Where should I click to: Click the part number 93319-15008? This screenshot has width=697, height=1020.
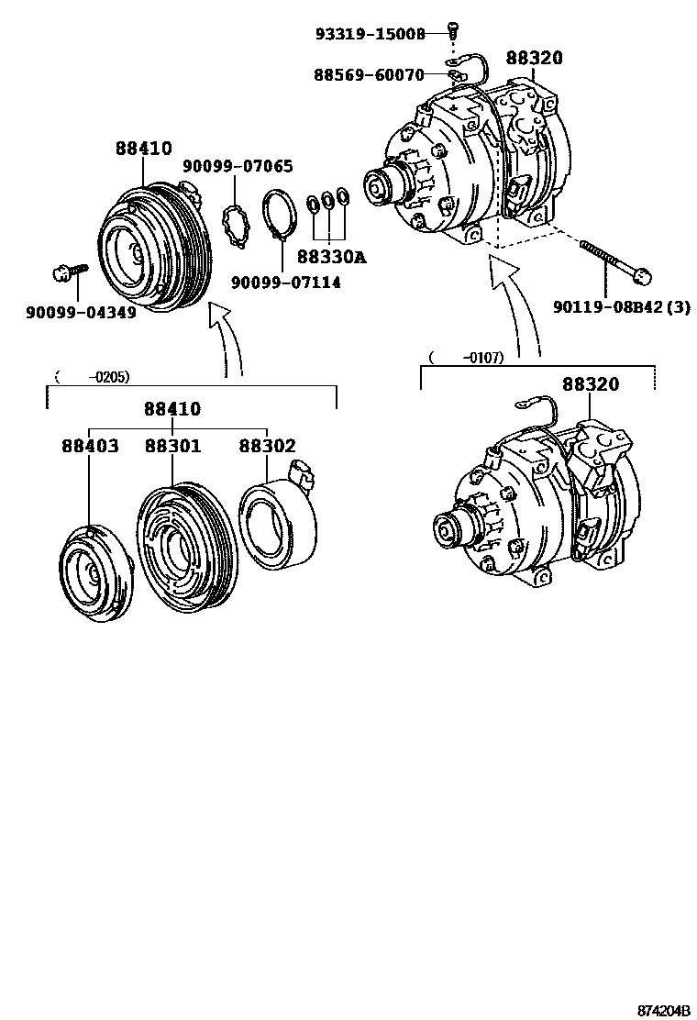(371, 34)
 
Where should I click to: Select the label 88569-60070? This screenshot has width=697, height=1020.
(370, 74)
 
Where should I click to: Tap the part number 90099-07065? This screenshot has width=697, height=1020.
(238, 166)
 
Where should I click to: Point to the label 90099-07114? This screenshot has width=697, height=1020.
(285, 283)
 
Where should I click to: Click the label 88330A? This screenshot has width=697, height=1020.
(331, 258)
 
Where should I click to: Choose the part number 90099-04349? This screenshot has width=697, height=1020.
(82, 312)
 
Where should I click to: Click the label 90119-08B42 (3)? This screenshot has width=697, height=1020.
(622, 307)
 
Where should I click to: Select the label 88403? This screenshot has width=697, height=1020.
(90, 447)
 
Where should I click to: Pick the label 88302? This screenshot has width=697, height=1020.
(267, 447)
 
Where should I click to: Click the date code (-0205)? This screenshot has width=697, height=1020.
(92, 376)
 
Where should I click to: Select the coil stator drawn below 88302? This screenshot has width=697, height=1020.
(277, 518)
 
